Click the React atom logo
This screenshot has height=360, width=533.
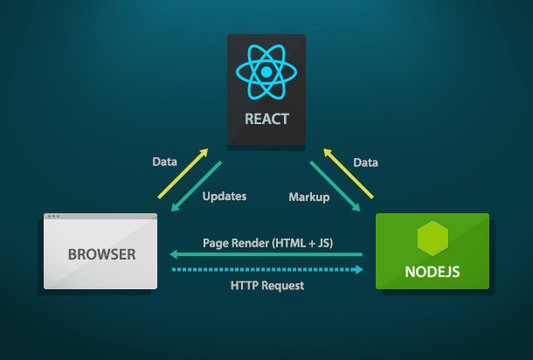pyautogui.click(x=266, y=72)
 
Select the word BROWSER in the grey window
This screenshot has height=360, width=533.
pyautogui.click(x=102, y=255)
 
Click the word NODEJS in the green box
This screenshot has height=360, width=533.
pyautogui.click(x=432, y=271)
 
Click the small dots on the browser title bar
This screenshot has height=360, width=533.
pyautogui.click(x=54, y=217)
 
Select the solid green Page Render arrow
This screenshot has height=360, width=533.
pyautogui.click(x=266, y=255)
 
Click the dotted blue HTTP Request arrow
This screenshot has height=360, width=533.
pyautogui.click(x=266, y=270)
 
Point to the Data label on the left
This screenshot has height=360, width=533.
pyautogui.click(x=164, y=162)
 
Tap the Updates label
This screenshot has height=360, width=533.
pyautogui.click(x=225, y=197)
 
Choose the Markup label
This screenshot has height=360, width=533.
pyautogui.click(x=308, y=197)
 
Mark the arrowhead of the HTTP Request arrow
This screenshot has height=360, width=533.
pyautogui.click(x=358, y=270)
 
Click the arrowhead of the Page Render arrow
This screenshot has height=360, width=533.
pyautogui.click(x=173, y=255)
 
